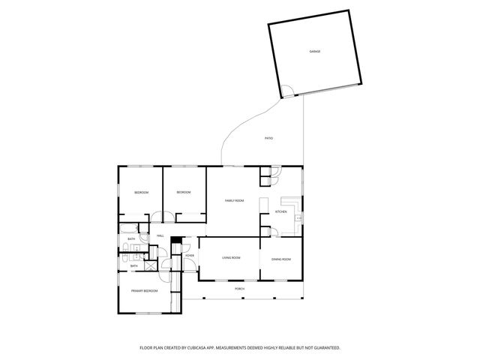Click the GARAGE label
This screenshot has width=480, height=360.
click(315, 52)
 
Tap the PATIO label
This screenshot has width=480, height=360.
click(268, 139)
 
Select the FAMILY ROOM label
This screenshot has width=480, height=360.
click(235, 200)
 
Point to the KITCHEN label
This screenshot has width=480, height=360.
click(280, 212)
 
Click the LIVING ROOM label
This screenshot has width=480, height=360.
click(231, 258)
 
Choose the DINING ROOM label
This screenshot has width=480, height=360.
click(281, 259)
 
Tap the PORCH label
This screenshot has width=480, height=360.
click(239, 289)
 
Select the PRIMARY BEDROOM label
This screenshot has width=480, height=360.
click(144, 290)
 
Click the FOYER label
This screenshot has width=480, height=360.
click(190, 256)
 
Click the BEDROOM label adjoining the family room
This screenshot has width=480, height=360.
click(184, 193)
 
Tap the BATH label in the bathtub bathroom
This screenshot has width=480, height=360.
click(130, 240)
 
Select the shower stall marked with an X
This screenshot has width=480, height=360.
click(150, 265)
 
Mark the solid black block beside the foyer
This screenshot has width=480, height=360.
click(177, 240)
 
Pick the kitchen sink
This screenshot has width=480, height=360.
click(298, 217)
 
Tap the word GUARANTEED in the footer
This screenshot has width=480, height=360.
click(325, 348)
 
